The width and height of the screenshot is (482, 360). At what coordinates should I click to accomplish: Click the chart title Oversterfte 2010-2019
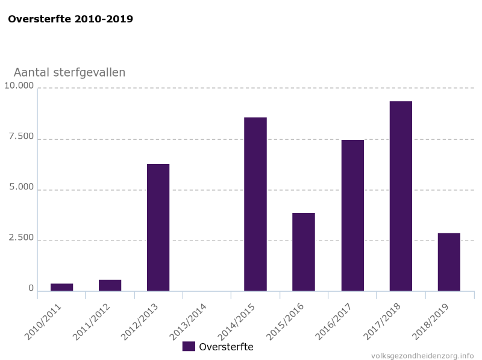(70, 19)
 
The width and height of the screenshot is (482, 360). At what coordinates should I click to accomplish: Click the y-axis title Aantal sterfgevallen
(69, 72)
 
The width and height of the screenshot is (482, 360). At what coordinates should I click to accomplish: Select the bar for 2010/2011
(61, 287)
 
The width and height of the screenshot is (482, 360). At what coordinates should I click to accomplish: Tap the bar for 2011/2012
(110, 285)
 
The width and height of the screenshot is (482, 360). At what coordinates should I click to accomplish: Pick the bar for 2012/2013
(158, 227)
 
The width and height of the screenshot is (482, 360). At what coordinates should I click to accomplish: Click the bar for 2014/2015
(255, 204)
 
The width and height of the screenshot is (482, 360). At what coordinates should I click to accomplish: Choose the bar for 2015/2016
(304, 251)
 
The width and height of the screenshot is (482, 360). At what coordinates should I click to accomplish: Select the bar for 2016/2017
(352, 215)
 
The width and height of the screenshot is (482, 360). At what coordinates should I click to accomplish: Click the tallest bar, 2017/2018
(401, 196)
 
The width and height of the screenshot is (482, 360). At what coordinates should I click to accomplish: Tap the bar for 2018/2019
(449, 262)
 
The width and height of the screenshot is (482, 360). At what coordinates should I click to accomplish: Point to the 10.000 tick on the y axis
(19, 86)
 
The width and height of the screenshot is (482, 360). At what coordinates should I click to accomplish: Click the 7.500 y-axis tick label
(21, 136)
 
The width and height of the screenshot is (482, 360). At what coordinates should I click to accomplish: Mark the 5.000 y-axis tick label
(21, 187)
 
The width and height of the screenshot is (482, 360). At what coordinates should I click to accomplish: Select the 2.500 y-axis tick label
(21, 238)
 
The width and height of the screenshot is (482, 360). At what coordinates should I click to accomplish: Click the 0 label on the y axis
(31, 288)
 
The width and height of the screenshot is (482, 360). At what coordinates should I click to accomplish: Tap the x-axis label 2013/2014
(188, 321)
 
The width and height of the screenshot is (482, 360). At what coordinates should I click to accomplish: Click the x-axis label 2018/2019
(431, 321)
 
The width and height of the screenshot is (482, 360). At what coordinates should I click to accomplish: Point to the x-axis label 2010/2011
(43, 321)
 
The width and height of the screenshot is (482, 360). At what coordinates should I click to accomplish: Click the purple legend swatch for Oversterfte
(189, 346)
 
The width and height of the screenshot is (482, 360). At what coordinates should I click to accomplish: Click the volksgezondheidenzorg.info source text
(422, 355)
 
